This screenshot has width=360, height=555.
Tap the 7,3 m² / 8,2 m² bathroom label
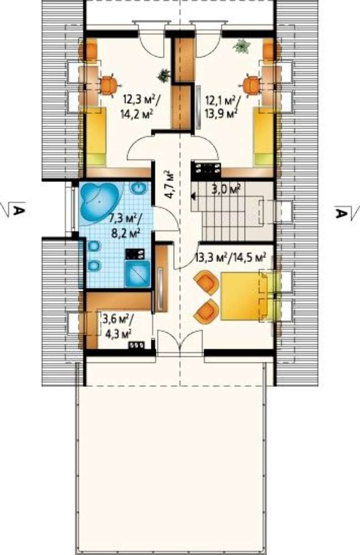click(x=124, y=226)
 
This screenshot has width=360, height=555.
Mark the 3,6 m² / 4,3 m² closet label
click(x=118, y=326)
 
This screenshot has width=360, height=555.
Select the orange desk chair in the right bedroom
click(x=251, y=85)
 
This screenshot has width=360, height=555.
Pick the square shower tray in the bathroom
click(x=138, y=273)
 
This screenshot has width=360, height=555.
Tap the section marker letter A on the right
click(x=340, y=213)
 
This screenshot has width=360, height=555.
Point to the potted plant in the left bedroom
click(x=164, y=75)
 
